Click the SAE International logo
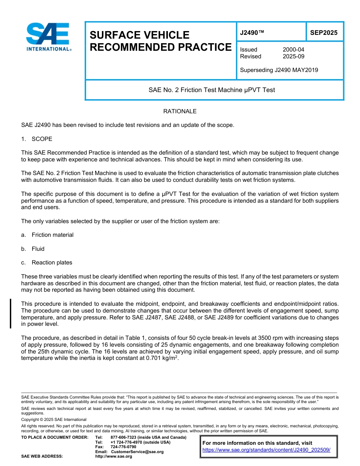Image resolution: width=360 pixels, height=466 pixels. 48,37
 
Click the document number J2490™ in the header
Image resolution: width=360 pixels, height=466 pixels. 252,33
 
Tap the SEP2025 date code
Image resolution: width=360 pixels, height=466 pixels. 324,33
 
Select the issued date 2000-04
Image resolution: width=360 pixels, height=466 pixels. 293,50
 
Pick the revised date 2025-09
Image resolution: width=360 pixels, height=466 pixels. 293,56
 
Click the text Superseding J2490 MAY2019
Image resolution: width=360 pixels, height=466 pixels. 279,70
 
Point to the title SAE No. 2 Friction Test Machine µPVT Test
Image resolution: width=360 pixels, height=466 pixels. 211,90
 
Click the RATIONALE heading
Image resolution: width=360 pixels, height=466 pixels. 180,111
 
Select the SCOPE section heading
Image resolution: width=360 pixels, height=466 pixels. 42,139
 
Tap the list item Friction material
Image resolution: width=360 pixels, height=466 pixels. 52,235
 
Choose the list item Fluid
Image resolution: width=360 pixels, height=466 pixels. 38,249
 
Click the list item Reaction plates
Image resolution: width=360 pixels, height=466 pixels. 52,263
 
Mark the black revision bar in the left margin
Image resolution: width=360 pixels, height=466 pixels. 11,313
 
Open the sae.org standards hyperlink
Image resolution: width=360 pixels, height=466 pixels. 266,450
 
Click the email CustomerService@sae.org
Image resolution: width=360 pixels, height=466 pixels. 137,452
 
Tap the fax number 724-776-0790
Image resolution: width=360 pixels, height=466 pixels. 124,447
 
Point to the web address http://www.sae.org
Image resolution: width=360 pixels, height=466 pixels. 114,456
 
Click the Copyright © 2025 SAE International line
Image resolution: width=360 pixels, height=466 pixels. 54,420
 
